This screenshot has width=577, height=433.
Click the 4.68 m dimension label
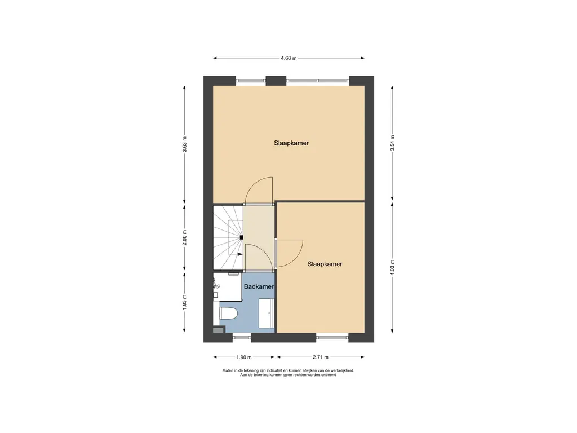pos(288,58)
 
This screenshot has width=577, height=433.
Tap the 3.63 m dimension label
pos(185,144)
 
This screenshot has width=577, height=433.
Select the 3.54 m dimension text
pos(392,143)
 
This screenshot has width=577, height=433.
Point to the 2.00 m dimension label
pos(185,237)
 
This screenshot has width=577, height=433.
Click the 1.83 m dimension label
pos(185,302)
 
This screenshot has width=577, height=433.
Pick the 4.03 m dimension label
pos(392,267)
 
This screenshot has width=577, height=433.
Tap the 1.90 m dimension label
pos(244,357)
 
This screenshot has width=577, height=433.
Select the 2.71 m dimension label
pos(321,357)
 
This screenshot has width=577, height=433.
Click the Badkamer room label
pos(259,286)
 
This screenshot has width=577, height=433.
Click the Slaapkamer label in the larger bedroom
pos(291,143)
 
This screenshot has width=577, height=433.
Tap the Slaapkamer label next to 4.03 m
pos(325,264)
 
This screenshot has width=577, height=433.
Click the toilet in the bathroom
pos(229,313)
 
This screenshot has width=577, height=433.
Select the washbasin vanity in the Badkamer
pos(267,313)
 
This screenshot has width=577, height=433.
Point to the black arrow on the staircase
pos(240,254)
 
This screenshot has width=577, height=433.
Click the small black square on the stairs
pos(241,237)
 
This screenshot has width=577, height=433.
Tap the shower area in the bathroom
pos(227,286)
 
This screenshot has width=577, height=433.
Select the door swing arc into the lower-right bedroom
pos(294,257)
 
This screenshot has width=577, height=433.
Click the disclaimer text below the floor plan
pos(288,373)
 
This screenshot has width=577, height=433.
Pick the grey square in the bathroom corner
pos(218,330)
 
